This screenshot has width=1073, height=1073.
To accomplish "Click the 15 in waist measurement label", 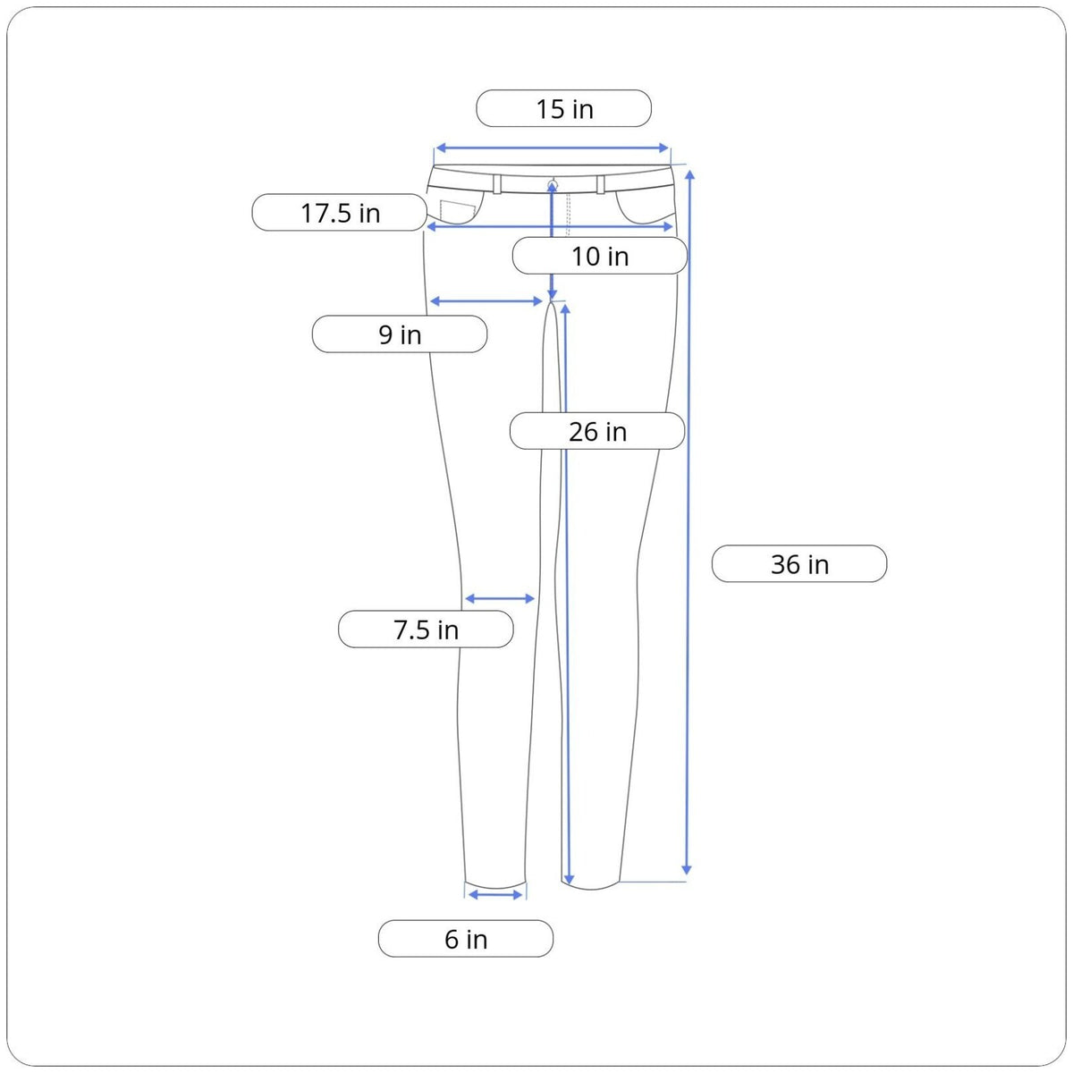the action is pyautogui.click(x=563, y=108).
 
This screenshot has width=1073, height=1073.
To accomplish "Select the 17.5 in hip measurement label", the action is pyautogui.click(x=339, y=212).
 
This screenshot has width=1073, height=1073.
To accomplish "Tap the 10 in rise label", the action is pyautogui.click(x=600, y=256).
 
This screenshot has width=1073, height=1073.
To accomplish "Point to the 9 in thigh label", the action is pyautogui.click(x=399, y=334).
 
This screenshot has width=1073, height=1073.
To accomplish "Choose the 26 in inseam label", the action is pyautogui.click(x=597, y=431).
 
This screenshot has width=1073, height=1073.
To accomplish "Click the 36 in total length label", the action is pyautogui.click(x=799, y=563).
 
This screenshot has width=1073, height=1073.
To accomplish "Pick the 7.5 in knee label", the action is pyautogui.click(x=426, y=629).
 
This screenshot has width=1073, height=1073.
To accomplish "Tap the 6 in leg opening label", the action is pyautogui.click(x=466, y=939).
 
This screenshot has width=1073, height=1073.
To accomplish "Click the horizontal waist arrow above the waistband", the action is pyautogui.click(x=552, y=148).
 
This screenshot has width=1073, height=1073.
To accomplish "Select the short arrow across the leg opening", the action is pyautogui.click(x=495, y=895).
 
